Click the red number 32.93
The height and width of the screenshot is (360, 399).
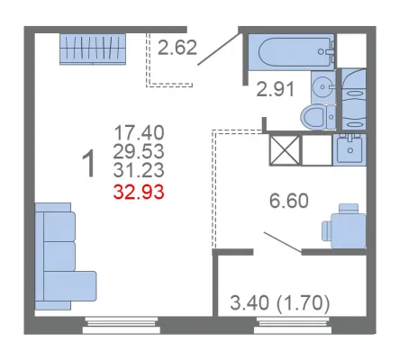[x=139, y=192]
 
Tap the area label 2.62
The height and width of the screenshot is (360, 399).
[x=177, y=48]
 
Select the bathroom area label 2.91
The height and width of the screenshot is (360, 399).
[x=276, y=89]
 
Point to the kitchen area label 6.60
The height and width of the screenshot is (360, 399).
[x=289, y=201]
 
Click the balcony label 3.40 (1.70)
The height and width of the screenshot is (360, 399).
[x=280, y=303]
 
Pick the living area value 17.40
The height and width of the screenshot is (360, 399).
[x=139, y=132]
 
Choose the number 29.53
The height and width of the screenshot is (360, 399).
[x=139, y=151]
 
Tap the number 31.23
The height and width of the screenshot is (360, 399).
[x=139, y=170]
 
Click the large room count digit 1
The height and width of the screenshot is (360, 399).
[x=89, y=164]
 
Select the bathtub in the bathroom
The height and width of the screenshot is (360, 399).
[x=291, y=52]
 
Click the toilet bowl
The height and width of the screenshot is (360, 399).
[x=318, y=117]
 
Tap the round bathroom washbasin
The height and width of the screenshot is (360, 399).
[x=323, y=87]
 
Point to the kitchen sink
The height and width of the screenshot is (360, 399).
[x=349, y=149]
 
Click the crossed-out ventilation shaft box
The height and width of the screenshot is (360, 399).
[x=285, y=150]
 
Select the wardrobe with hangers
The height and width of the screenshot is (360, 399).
[x=93, y=49]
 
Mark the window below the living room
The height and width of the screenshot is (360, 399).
[x=122, y=325]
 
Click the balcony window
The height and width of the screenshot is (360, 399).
[x=293, y=325]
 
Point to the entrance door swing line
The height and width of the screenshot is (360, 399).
[x=220, y=49]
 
